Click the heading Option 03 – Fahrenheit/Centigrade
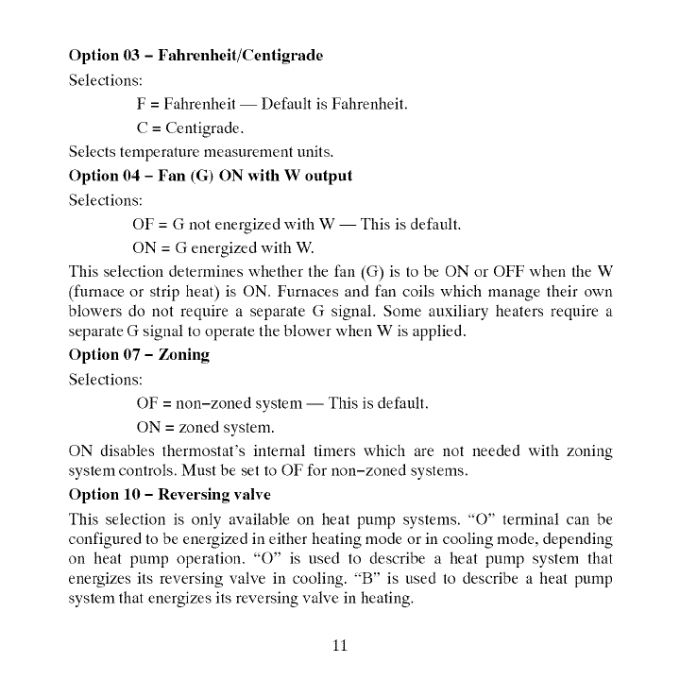click(x=195, y=56)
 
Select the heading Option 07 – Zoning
click(x=139, y=355)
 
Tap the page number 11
click(x=340, y=646)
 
